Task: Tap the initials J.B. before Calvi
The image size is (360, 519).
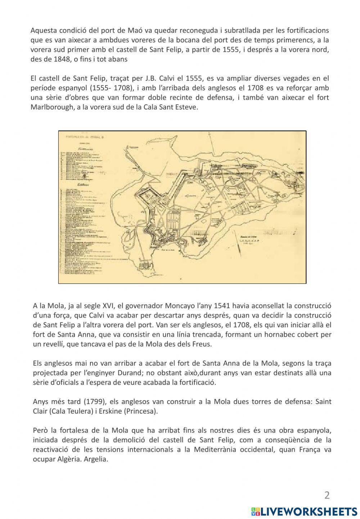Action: (x=141, y=78)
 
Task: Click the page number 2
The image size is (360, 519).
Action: (x=327, y=495)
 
